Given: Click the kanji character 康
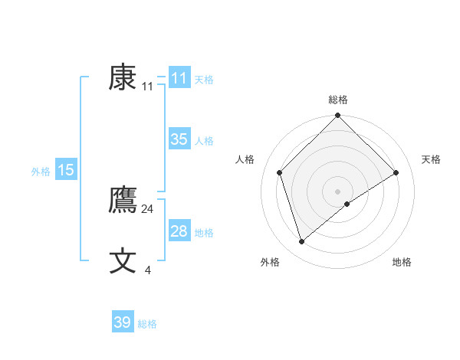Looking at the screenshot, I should [x=123, y=77].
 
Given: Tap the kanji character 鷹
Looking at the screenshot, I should [x=123, y=201].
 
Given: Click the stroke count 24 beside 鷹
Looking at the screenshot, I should [x=148, y=209].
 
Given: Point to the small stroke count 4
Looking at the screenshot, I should [x=148, y=270].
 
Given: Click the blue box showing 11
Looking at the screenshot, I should [x=179, y=78].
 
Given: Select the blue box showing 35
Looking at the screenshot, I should [x=179, y=139].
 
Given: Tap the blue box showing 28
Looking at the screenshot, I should [x=179, y=231].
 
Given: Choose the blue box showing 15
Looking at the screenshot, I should [x=66, y=170].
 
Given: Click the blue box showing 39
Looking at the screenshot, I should [x=123, y=322].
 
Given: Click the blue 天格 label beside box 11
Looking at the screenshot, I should [x=204, y=80].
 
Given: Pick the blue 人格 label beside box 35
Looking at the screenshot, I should [x=204, y=141].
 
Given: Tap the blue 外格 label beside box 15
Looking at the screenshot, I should [x=41, y=172].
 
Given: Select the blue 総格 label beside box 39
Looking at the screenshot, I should [x=147, y=324].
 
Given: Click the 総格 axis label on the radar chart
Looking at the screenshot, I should [x=338, y=100].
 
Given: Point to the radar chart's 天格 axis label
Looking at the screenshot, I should [x=432, y=159].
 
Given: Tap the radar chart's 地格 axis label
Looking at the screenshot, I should [x=402, y=262].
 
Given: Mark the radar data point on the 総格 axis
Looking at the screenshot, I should [x=338, y=116].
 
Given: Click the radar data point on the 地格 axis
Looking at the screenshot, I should [x=347, y=204].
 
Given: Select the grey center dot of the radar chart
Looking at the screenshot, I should [x=338, y=191].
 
